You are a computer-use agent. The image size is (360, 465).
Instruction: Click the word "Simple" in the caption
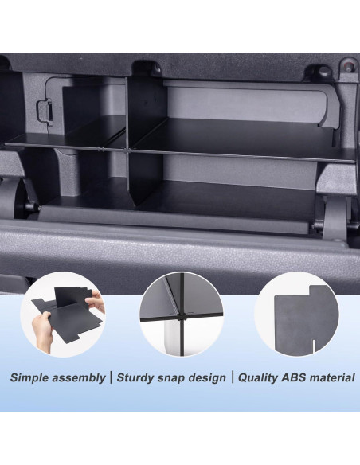31,377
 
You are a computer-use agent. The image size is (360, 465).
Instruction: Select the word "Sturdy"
137,377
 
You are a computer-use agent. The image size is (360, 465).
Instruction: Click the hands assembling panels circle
63,315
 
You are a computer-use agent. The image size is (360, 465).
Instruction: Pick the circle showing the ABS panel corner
297,315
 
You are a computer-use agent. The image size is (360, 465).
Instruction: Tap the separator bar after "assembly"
110,377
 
